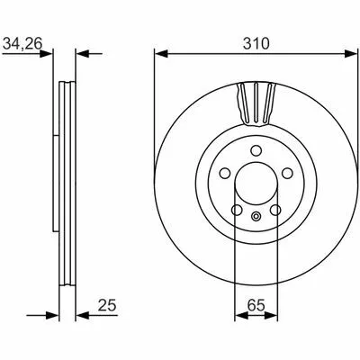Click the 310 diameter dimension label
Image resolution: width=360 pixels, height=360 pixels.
pyautogui.click(x=256, y=43)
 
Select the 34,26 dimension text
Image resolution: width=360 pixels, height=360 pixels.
pyautogui.click(x=22, y=44)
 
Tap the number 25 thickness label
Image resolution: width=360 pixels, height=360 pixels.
pyautogui.click(x=107, y=306)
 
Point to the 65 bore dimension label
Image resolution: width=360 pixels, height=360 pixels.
pyautogui.click(x=256, y=306)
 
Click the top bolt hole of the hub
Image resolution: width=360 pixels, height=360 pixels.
pyautogui.click(x=256, y=150)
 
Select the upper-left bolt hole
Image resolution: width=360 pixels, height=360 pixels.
pyautogui.click(x=225, y=173)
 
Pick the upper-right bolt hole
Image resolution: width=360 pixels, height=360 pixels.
pyautogui.click(x=287, y=173)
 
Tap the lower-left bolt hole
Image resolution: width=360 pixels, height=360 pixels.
pyautogui.click(x=237, y=210)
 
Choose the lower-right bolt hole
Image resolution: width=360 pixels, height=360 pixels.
pyautogui.click(x=275, y=210)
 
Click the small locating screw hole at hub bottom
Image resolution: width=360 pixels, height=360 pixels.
pyautogui.click(x=256, y=216)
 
